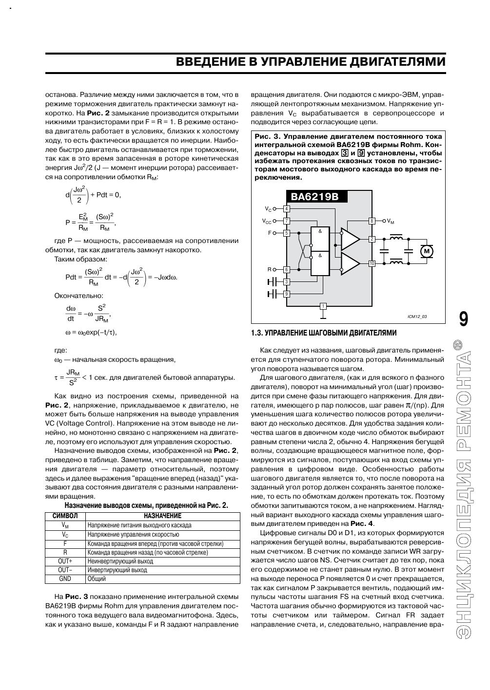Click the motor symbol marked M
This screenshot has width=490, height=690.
coord(427,251)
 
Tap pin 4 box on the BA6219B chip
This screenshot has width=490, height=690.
coord(287,209)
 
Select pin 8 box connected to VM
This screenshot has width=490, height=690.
coord(372,221)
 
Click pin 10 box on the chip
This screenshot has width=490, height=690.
coord(372,263)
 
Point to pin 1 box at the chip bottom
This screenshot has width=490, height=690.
coord(323,306)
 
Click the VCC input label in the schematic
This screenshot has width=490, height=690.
coord(267,221)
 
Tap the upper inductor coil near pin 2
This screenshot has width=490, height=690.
coord(396,238)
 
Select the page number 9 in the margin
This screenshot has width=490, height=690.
coord(464,319)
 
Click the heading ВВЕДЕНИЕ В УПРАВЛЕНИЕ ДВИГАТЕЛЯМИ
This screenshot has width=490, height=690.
coord(311,62)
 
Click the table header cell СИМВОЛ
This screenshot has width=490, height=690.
coord(65,516)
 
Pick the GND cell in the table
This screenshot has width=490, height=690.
coord(65,579)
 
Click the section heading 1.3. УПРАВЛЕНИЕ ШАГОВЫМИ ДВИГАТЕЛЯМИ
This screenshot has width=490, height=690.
coord(323,333)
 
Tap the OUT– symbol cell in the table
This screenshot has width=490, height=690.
coord(65,570)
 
